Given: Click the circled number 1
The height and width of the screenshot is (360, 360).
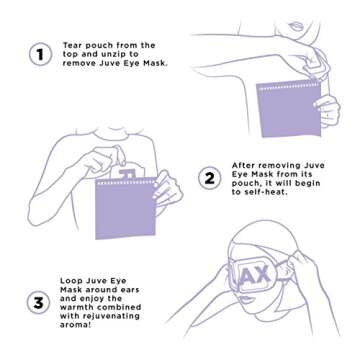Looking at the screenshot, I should [39, 55].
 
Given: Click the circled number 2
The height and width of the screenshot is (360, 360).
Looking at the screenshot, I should [209, 179].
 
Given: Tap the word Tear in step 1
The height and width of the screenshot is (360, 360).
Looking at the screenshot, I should [73, 44].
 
